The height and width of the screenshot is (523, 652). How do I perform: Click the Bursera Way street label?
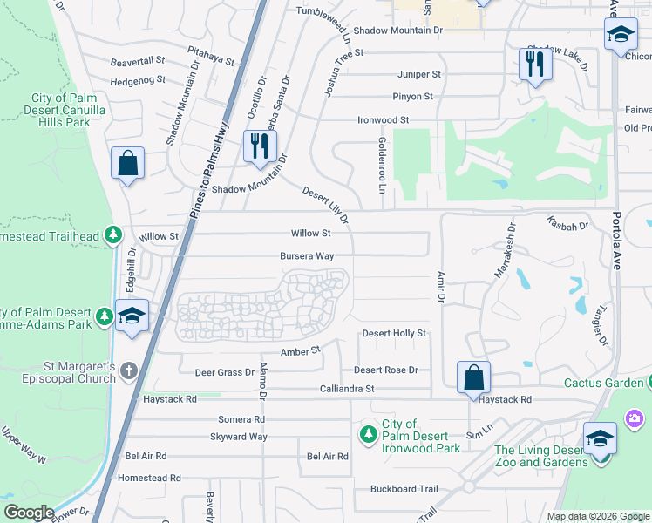click(x=306, y=256)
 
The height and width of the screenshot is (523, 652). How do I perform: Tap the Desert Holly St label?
click(x=394, y=333)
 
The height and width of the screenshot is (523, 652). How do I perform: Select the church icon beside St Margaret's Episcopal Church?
click(x=129, y=370)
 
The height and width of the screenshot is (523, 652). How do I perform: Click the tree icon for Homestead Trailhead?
click(x=112, y=235)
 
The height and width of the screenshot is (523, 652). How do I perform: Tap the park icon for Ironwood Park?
click(x=369, y=433)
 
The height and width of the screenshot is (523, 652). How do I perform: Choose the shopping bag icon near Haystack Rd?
click(x=473, y=378)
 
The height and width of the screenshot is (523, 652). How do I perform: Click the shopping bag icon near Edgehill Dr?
click(x=127, y=163)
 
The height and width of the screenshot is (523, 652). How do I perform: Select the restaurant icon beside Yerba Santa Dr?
click(x=258, y=146)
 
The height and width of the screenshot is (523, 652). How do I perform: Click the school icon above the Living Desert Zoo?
click(x=599, y=438)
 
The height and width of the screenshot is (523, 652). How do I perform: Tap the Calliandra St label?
click(x=346, y=389)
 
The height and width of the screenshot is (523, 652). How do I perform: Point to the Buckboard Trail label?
click(x=404, y=489)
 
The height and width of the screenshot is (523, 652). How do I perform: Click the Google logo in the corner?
click(x=28, y=513)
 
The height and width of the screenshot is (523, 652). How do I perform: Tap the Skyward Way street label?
click(x=238, y=437)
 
